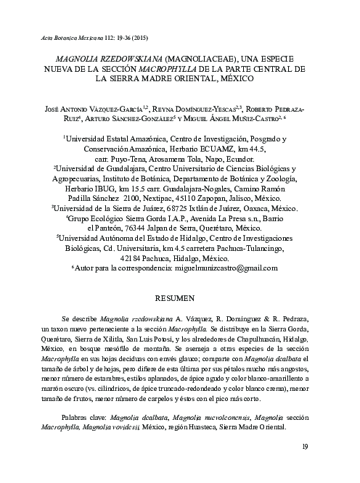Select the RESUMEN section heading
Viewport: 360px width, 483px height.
point(180,298)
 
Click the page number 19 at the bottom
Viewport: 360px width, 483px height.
point(305,465)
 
